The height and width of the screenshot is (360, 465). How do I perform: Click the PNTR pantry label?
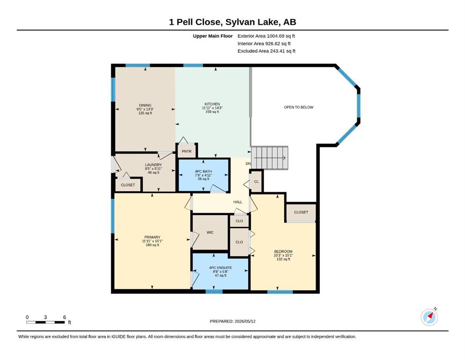[x=186, y=151]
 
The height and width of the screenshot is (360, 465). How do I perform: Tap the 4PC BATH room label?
[x=203, y=172]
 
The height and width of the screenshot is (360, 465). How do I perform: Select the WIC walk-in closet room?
[x=210, y=232]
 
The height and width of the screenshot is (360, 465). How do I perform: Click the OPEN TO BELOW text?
[x=299, y=107]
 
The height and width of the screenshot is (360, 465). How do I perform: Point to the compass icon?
[x=429, y=317]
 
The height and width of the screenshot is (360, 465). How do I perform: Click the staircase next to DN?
[x=270, y=157]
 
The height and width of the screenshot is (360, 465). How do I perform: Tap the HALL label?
[x=237, y=202]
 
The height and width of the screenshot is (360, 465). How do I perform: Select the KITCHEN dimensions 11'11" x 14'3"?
[x=212, y=108]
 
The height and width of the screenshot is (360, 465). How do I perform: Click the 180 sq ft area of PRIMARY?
[x=153, y=245]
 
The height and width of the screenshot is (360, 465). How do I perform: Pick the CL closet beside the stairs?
[x=256, y=181]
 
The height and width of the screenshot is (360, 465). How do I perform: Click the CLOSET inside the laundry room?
[x=128, y=185]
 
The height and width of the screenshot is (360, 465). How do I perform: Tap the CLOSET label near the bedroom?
[x=301, y=212]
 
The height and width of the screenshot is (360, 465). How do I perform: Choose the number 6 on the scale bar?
[x=64, y=317]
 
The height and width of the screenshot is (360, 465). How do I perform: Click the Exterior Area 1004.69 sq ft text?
[x=266, y=36]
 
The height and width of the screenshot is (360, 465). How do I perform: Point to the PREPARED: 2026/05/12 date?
[x=232, y=321]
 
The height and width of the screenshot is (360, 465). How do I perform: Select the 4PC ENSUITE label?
[x=221, y=268]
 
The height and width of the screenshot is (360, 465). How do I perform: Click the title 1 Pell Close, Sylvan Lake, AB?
[x=232, y=22]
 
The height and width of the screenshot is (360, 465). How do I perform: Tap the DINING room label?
[x=145, y=105]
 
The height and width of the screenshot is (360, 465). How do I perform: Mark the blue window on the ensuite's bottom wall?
[x=214, y=292]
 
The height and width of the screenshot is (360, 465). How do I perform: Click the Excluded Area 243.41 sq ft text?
[x=266, y=51]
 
